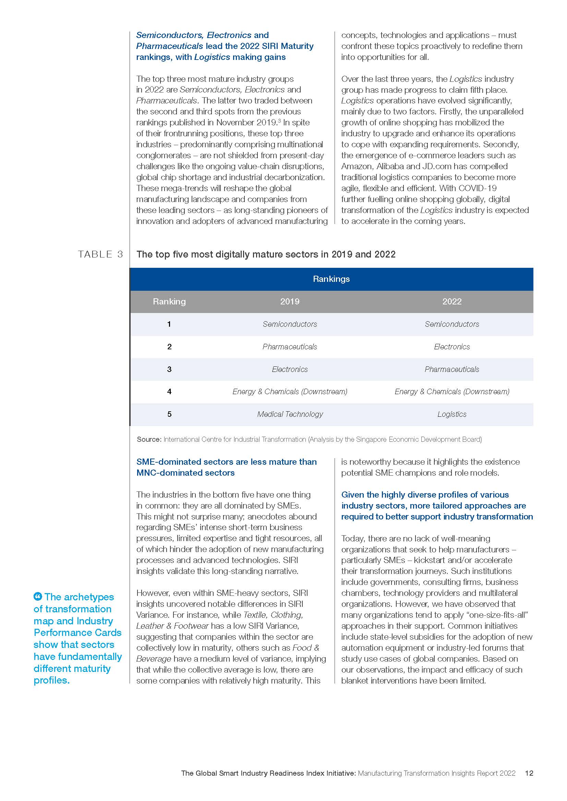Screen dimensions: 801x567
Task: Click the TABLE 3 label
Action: pyautogui.click(x=100, y=254)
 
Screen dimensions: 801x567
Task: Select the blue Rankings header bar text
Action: pyautogui.click(x=331, y=279)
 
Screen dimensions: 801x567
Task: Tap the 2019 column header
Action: pyautogui.click(x=290, y=301)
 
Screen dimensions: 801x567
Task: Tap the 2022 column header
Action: pyautogui.click(x=452, y=301)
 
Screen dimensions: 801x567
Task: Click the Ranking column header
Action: pyautogui.click(x=169, y=301)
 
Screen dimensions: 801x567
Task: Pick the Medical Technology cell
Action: pyautogui.click(x=290, y=414)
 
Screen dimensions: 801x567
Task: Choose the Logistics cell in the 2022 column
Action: pyautogui.click(x=452, y=414)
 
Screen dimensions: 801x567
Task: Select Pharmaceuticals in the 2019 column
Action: pyautogui.click(x=290, y=347)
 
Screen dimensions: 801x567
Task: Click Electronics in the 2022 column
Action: pyautogui.click(x=452, y=347)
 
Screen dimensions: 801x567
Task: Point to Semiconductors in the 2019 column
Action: pyautogui.click(x=290, y=324)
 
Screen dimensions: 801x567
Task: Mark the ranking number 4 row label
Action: pyautogui.click(x=169, y=391)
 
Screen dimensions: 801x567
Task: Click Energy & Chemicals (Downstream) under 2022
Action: pyautogui.click(x=452, y=391)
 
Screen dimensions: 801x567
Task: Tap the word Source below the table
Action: pyautogui.click(x=149, y=439)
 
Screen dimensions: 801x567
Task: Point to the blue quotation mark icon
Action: pyautogui.click(x=38, y=596)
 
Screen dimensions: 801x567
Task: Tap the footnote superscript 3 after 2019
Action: pyautogui.click(x=279, y=121)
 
